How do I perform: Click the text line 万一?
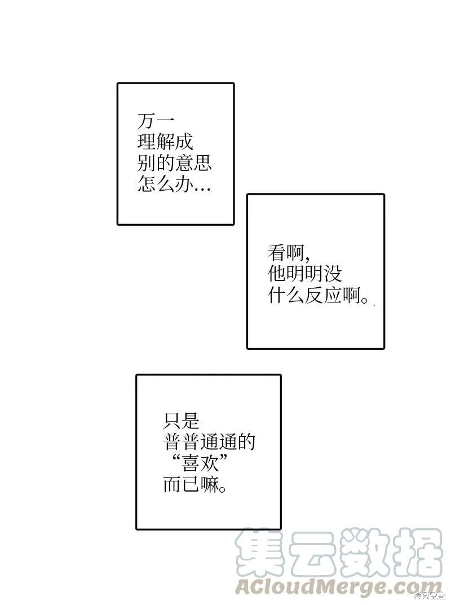click(156, 121)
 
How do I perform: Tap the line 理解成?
click(165, 142)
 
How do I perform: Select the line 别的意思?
click(175, 163)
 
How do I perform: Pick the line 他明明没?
click(305, 275)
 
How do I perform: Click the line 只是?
click(181, 421)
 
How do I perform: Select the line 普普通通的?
click(209, 442)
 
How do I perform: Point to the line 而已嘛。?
click(194, 484)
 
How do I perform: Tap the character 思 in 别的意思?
click(203, 163)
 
